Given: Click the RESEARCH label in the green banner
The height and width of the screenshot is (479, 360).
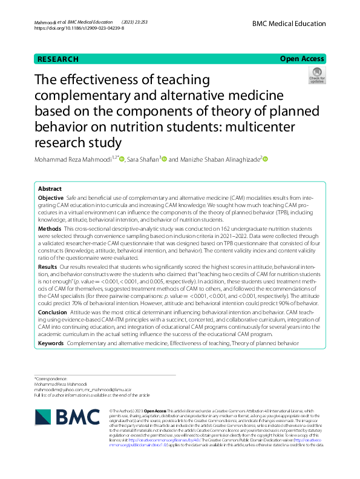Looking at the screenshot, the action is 58,59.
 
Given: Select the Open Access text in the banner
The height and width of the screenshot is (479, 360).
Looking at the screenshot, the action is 302,59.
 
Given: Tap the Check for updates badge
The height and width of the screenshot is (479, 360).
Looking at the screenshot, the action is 317,76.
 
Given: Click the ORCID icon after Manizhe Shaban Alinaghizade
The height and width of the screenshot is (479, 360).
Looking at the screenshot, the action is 264,159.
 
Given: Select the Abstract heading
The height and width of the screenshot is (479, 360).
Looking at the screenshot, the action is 50,189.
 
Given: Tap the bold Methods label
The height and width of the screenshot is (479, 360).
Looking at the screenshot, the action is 50,230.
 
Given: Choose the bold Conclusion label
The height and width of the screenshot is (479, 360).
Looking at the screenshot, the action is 52,311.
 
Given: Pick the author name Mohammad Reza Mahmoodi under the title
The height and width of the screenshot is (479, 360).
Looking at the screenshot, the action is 74,159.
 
